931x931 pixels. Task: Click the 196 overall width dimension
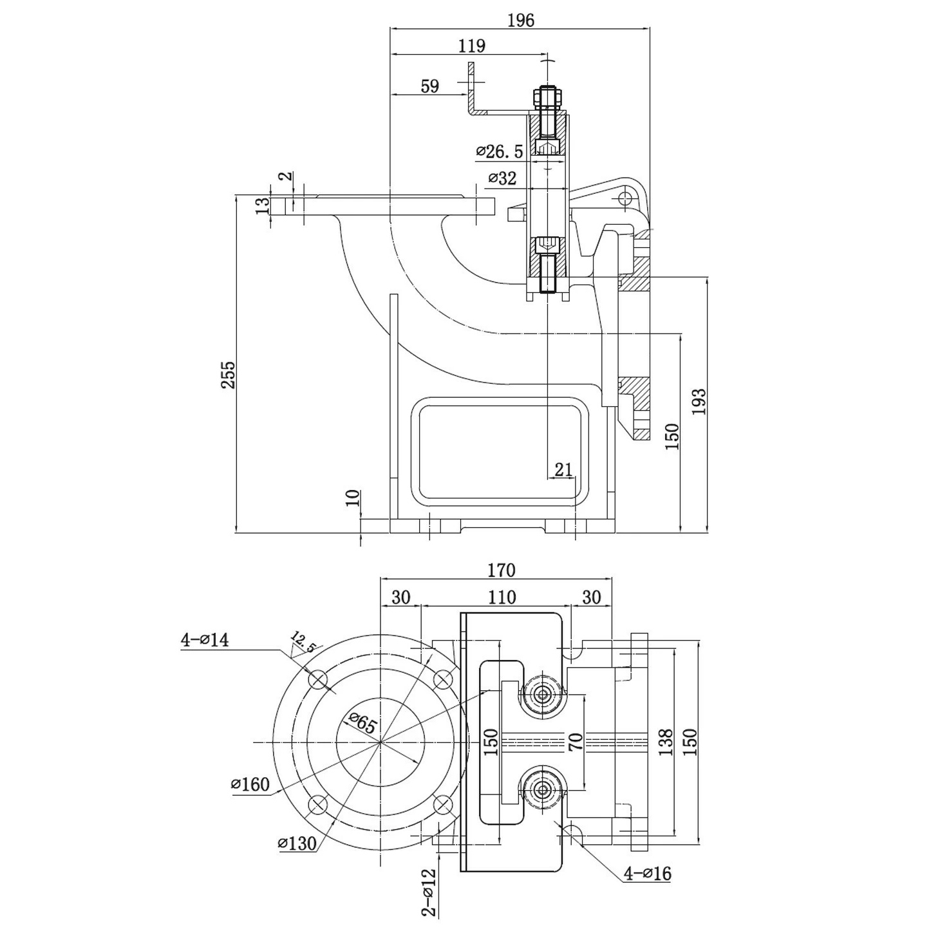[x=522, y=21]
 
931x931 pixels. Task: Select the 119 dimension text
[x=471, y=46]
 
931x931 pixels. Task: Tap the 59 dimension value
[x=429, y=86]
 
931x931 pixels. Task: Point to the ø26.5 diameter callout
[x=499, y=152]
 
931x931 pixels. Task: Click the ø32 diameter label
[x=502, y=178]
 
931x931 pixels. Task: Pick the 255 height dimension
[x=228, y=375]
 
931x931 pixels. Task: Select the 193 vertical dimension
[x=699, y=402]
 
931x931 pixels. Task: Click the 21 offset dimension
[x=563, y=469]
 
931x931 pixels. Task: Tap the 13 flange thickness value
[x=262, y=206]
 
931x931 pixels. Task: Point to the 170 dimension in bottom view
[x=502, y=570]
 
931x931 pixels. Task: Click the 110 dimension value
[x=502, y=597]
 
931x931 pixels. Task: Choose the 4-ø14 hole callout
[x=204, y=640]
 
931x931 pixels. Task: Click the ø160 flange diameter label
[x=250, y=784]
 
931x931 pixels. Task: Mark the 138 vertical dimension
[x=665, y=742]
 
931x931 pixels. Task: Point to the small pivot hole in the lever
[x=625, y=198]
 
